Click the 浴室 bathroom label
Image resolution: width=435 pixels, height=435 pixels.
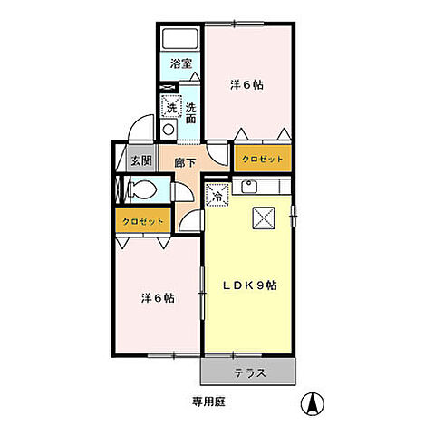point(180,64)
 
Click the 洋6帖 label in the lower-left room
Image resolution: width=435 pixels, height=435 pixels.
point(157,298)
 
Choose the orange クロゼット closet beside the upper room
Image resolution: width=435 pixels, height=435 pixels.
point(264,159)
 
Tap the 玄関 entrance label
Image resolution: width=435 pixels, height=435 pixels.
point(140,161)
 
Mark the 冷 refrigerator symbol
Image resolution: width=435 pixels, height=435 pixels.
point(217,193)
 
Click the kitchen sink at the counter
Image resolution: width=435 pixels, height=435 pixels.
point(250,188)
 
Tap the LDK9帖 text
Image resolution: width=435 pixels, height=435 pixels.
point(250,285)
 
